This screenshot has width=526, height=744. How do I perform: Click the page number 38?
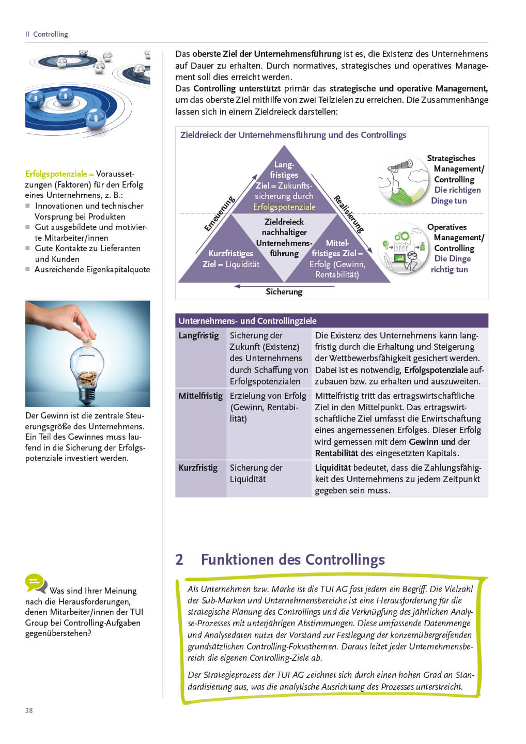[29, 710]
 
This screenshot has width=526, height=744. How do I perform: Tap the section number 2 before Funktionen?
[179, 560]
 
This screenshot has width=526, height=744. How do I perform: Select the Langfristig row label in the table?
[199, 335]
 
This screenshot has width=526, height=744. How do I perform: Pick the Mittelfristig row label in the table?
[200, 396]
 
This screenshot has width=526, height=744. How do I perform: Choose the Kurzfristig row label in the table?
[198, 468]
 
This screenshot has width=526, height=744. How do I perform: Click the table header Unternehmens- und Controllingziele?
[247, 321]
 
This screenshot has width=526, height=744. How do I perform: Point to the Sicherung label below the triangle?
[284, 292]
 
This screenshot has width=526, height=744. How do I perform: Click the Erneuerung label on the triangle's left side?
[219, 213]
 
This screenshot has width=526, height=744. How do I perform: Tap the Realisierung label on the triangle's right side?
[349, 214]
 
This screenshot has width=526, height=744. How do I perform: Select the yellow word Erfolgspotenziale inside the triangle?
[284, 207]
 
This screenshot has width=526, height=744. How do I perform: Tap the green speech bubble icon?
[36, 583]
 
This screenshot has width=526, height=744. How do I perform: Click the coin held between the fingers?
[87, 342]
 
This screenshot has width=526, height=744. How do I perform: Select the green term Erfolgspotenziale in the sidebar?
[56, 174]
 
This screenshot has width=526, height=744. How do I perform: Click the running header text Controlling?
[51, 34]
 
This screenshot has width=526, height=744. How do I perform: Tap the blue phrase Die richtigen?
[457, 190]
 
